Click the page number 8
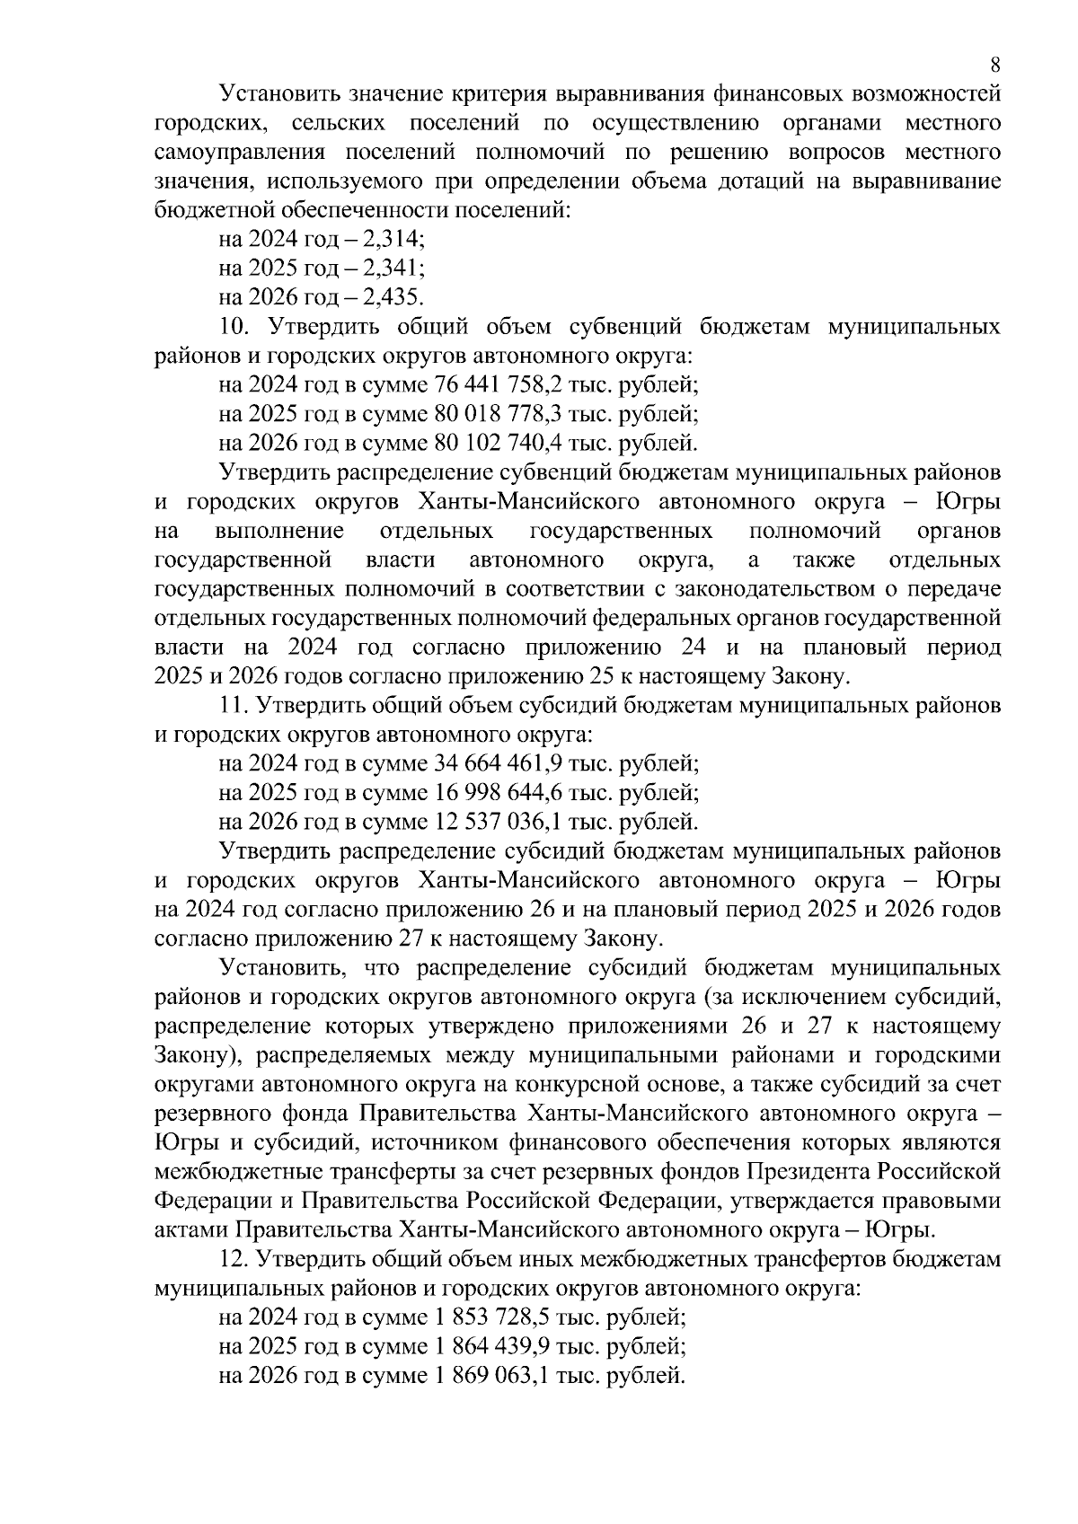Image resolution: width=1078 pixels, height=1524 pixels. pyautogui.click(x=994, y=65)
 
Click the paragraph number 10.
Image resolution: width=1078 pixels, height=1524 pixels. pyautogui.click(x=233, y=327)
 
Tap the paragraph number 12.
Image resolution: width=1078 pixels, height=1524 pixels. pyautogui.click(x=233, y=1260)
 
